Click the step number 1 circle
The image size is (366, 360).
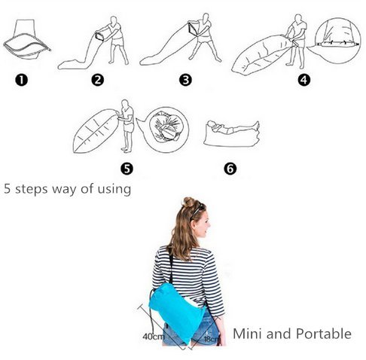click(21, 81)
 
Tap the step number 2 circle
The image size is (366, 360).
click(98, 81)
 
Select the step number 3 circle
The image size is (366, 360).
click(185, 81)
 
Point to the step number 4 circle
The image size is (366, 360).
click(303, 81)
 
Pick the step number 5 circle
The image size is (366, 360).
click(127, 169)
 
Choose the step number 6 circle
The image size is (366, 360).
click(230, 169)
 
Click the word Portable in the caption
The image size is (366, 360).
click(324, 334)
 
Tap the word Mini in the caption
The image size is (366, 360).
click(248, 334)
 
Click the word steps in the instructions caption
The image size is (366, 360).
click(32, 190)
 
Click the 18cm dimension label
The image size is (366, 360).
click(211, 339)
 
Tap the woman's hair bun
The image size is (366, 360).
click(189, 202)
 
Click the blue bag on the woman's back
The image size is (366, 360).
click(177, 311)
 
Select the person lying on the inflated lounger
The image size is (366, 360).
click(232, 127)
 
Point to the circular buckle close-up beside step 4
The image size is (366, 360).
click(338, 40)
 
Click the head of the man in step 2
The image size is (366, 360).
click(114, 20)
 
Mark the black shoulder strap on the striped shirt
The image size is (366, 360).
click(171, 266)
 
